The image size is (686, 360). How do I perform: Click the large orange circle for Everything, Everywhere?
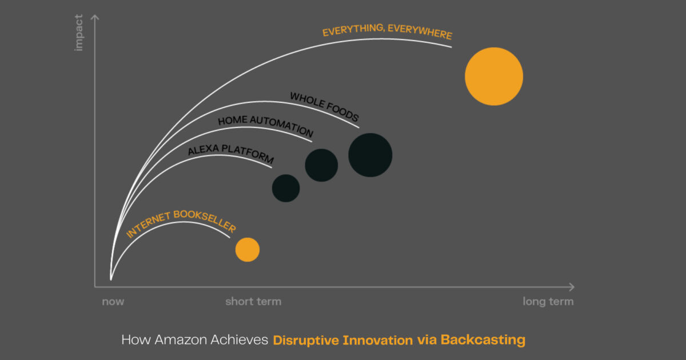(x=494, y=77)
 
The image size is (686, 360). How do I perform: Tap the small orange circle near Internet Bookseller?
(x=248, y=250)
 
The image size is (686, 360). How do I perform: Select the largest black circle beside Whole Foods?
(x=370, y=155)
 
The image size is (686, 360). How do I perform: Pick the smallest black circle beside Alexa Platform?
(x=286, y=189)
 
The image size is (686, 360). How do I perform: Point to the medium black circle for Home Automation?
(x=321, y=165)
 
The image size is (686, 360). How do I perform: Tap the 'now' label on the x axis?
(x=113, y=302)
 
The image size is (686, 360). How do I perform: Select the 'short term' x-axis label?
(x=253, y=302)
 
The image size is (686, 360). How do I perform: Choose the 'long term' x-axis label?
(x=548, y=302)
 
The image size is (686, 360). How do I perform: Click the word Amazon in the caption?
(x=170, y=340)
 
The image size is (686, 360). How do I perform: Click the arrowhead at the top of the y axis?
(x=95, y=18)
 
